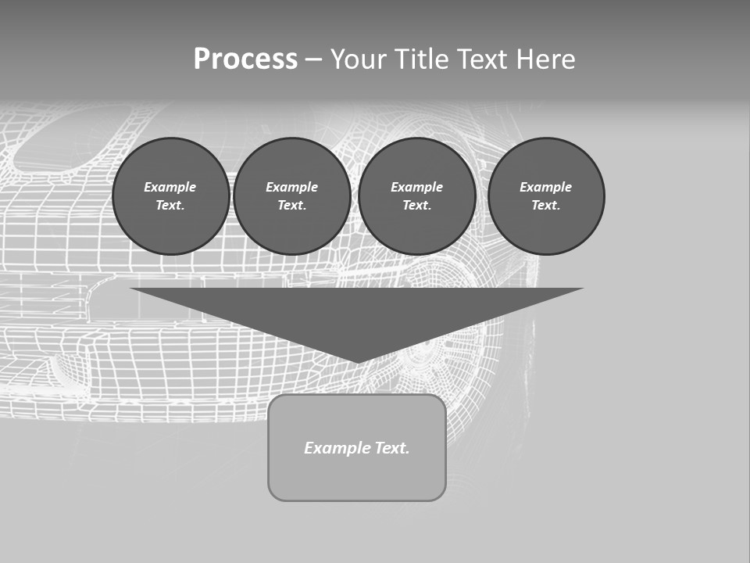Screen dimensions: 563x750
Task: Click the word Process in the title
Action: pyautogui.click(x=245, y=59)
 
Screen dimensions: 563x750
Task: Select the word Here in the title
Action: pyautogui.click(x=545, y=59)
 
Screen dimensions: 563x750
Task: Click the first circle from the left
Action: pyautogui.click(x=170, y=196)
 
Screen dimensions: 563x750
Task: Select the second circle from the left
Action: pyautogui.click(x=291, y=196)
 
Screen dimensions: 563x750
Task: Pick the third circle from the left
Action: pyautogui.click(x=416, y=196)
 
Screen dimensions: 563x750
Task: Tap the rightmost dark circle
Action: pyautogui.click(x=546, y=196)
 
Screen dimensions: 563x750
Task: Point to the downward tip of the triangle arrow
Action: pyautogui.click(x=357, y=361)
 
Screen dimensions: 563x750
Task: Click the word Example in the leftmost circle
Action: pyautogui.click(x=170, y=187)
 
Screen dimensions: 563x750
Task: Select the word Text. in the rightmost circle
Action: pyautogui.click(x=546, y=206)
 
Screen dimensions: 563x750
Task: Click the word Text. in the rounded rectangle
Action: pyautogui.click(x=392, y=448)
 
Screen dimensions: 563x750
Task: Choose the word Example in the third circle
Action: pyautogui.click(x=416, y=187)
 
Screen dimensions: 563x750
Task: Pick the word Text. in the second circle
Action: pyautogui.click(x=291, y=206)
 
